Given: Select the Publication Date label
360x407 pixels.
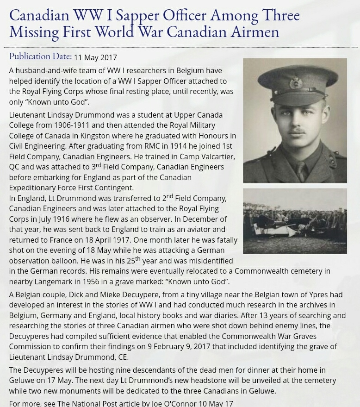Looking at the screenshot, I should tap(40, 56).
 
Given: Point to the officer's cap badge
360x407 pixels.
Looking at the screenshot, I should tap(296, 83).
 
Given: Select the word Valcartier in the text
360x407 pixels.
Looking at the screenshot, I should tap(214, 157).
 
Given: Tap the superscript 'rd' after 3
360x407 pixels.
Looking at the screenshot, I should tap(98, 165).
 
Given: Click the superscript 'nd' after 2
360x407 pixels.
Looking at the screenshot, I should tap(169, 196).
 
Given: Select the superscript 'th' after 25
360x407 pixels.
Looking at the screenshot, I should tap(137, 259).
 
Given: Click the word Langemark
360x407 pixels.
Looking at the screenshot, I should tap(62, 282).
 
